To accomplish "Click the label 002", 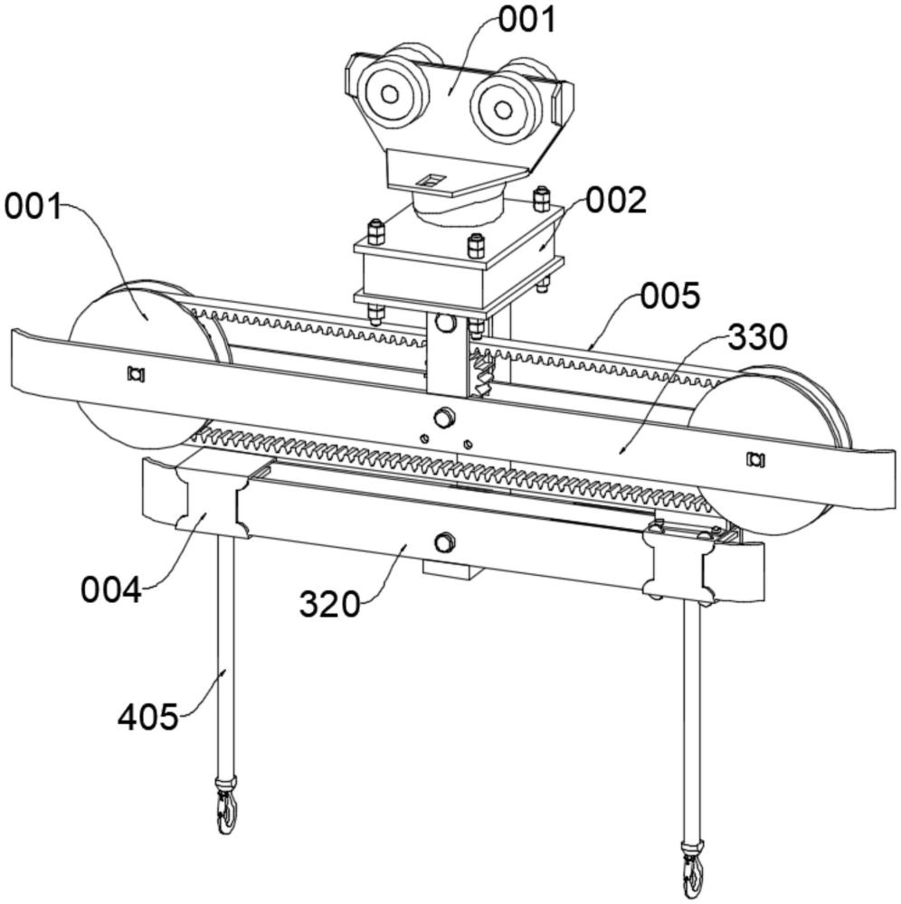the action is tap(616, 201).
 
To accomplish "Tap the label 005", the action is tap(670, 295).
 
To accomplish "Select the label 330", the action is tap(758, 337).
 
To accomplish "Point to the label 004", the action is tap(111, 590).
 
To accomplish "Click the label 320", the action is tap(330, 603).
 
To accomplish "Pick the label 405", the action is tap(147, 717).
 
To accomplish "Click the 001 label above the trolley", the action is tap(528, 19).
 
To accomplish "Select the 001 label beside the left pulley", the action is tap(33, 207).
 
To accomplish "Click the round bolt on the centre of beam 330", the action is tap(443, 417).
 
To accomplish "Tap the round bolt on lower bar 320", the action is tap(443, 542).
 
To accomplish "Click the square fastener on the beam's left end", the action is tap(137, 372).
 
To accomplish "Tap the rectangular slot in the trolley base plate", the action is tap(432, 180).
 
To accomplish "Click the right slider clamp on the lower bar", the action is tap(680, 565).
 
